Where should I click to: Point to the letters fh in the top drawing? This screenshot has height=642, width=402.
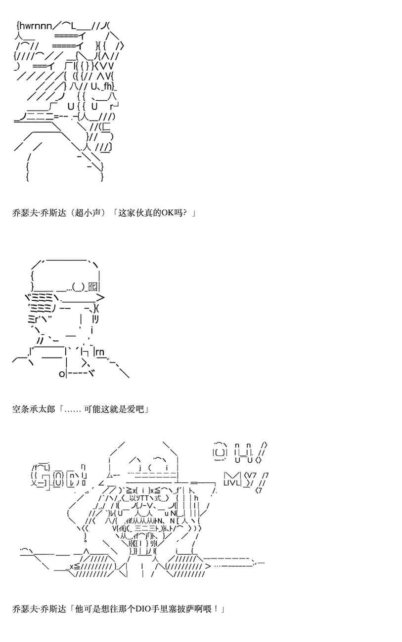click(109, 87)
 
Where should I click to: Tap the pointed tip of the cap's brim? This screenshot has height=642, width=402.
click(101, 297)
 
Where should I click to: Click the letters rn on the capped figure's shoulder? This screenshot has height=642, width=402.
click(99, 352)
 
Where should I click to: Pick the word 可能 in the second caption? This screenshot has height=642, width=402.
click(91, 409)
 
